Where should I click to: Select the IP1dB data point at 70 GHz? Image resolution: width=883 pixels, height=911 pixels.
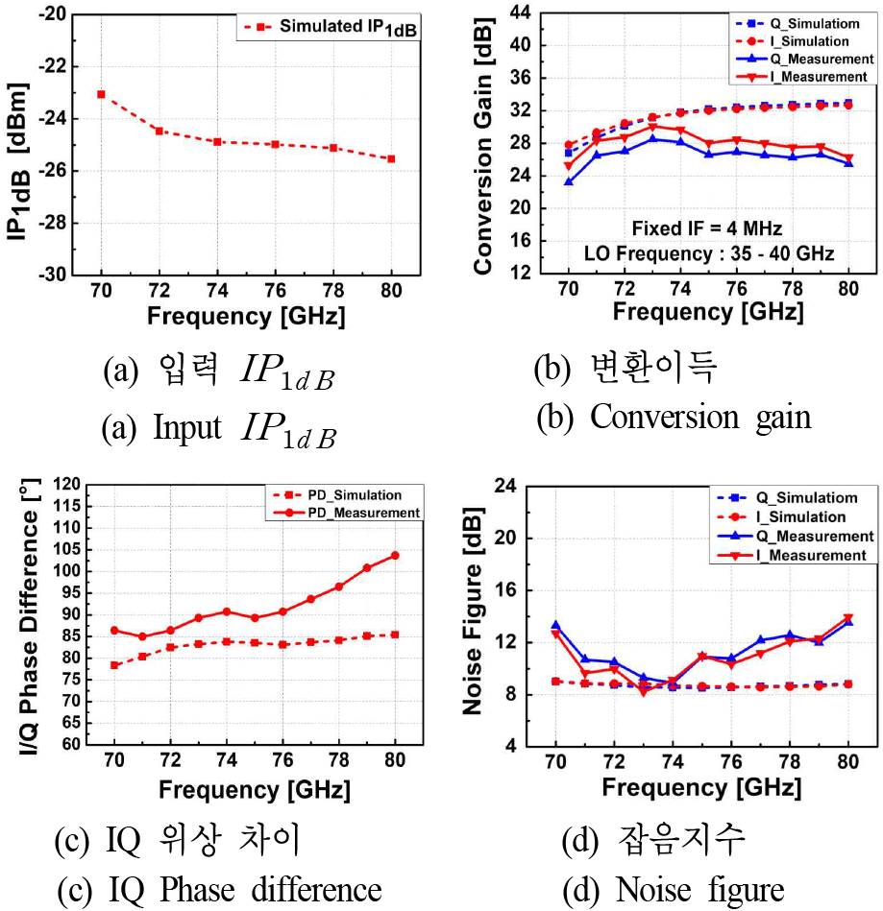tap(101, 94)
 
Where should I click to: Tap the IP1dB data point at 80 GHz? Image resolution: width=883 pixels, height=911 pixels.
tap(391, 158)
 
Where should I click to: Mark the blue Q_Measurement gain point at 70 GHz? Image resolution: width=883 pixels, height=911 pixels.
tap(569, 181)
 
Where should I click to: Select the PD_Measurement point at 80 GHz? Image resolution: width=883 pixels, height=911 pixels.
tap(394, 556)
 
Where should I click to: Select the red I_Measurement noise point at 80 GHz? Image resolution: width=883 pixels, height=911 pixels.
tap(847, 618)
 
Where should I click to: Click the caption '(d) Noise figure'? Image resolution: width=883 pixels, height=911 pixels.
tap(673, 889)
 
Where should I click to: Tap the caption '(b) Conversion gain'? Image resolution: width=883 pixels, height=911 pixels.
tap(673, 418)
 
